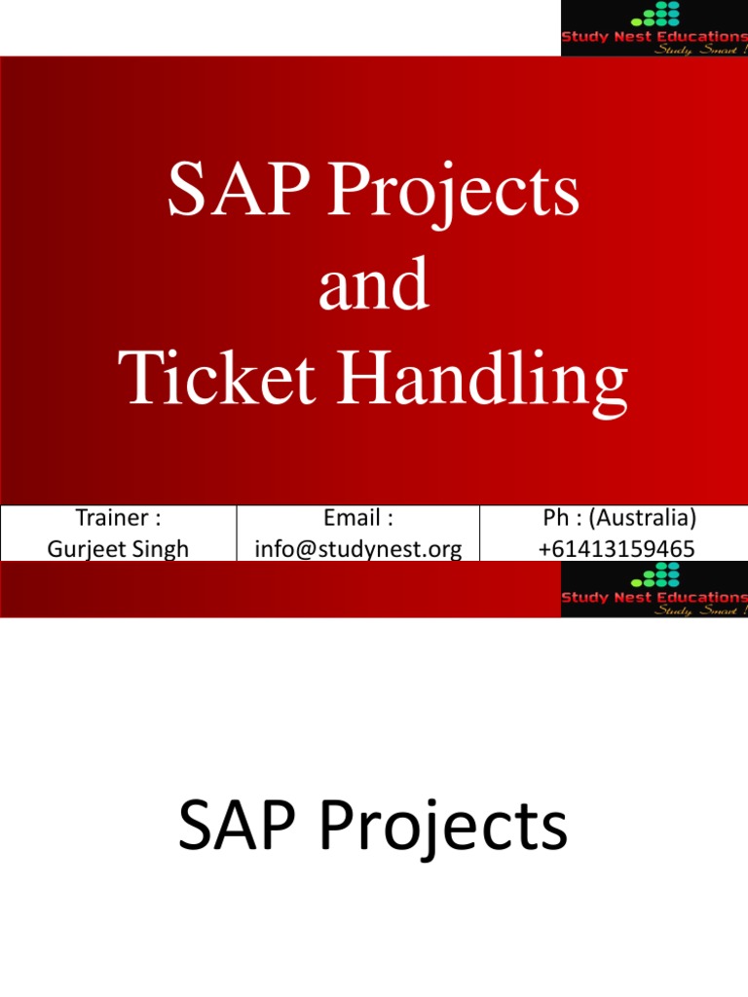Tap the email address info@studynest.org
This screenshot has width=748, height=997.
pos(358,549)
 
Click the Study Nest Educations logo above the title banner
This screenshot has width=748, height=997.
pos(654,28)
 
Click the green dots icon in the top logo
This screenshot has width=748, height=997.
pos(654,15)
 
